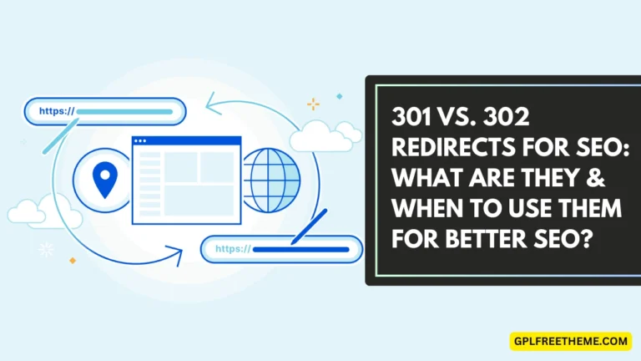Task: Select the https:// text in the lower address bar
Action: click(x=233, y=248)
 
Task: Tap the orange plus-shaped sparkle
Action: click(x=313, y=104)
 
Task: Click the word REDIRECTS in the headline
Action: click(x=445, y=149)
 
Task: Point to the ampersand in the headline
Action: click(x=604, y=178)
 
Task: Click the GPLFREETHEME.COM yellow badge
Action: click(x=570, y=341)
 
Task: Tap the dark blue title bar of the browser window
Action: click(x=186, y=142)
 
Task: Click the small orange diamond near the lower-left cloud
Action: click(x=73, y=260)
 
